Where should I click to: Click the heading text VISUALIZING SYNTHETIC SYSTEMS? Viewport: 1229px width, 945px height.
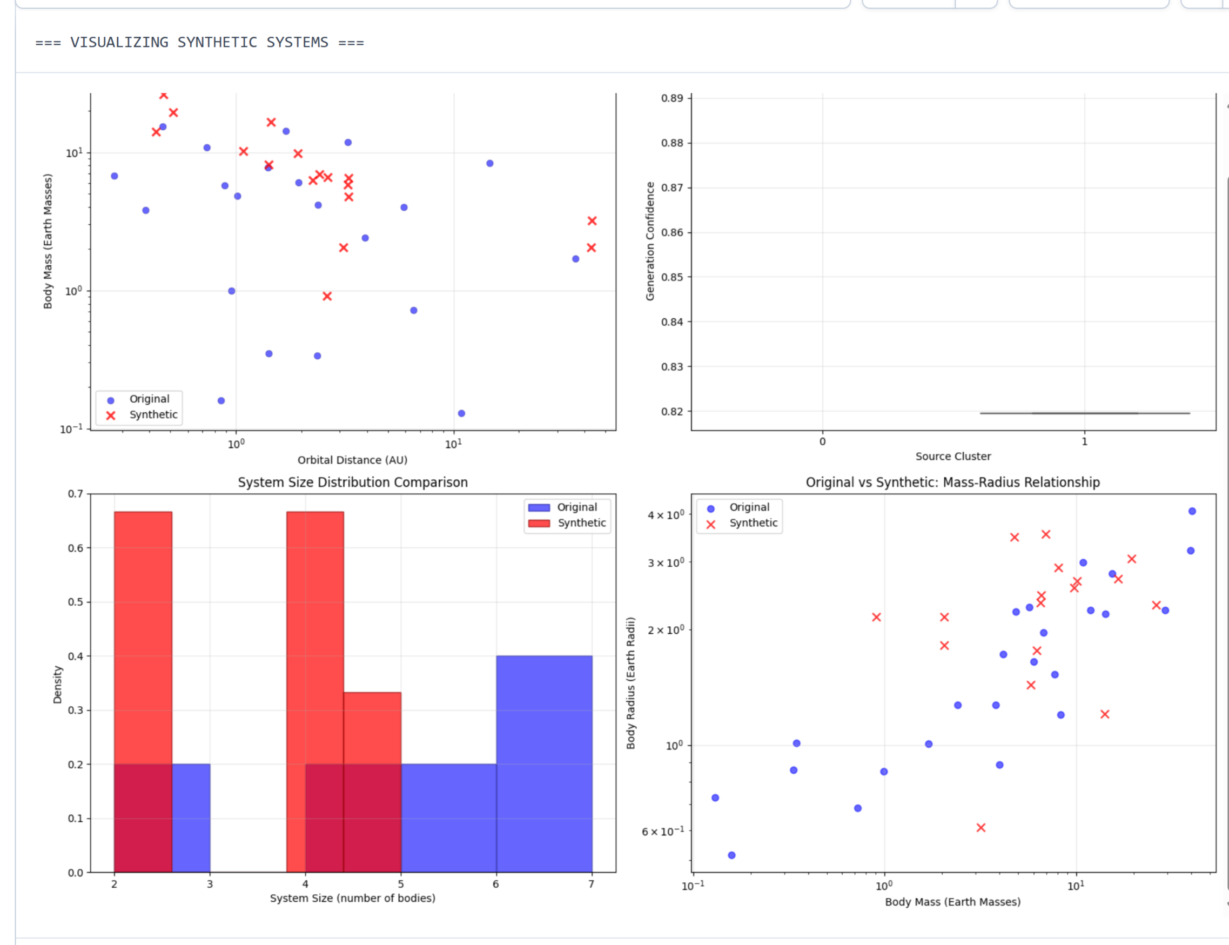pyautogui.click(x=199, y=43)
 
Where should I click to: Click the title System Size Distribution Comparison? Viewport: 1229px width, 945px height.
pyautogui.click(x=353, y=482)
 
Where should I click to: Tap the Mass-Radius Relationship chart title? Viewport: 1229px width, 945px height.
pyautogui.click(x=952, y=482)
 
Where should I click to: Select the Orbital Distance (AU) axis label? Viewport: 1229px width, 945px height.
pyautogui.click(x=352, y=460)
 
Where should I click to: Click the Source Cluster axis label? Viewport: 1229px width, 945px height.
pyautogui.click(x=953, y=457)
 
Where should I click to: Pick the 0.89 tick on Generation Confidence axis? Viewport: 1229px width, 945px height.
pyautogui.click(x=672, y=98)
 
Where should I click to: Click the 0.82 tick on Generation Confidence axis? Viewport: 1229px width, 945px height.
pyautogui.click(x=672, y=412)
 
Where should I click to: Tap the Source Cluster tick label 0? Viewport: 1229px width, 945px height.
pyautogui.click(x=822, y=441)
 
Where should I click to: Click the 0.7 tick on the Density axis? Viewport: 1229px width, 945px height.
pyautogui.click(x=76, y=494)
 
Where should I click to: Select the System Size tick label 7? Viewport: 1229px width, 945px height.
pyautogui.click(x=591, y=884)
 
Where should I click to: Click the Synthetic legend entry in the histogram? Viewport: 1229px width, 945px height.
pyautogui.click(x=581, y=523)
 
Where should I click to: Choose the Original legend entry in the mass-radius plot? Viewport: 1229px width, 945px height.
pyautogui.click(x=749, y=507)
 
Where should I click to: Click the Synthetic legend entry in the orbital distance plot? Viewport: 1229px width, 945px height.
pyautogui.click(x=153, y=415)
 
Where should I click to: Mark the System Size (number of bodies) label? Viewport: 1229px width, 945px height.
pyautogui.click(x=352, y=899)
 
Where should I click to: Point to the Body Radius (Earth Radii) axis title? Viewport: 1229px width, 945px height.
pyautogui.click(x=631, y=683)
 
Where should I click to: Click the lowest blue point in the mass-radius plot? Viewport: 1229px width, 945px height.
pyautogui.click(x=731, y=855)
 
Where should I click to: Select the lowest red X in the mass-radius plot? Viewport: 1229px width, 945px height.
pyautogui.click(x=981, y=828)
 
